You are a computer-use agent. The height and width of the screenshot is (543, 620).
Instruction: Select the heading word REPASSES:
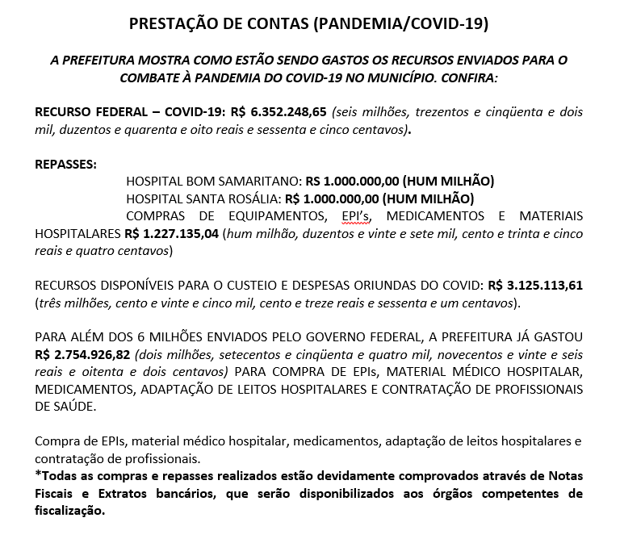pyautogui.click(x=65, y=165)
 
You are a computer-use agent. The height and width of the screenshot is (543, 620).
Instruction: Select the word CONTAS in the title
pyautogui.click(x=272, y=23)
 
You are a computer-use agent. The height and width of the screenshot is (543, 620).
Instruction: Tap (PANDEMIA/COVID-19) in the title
pyautogui.click(x=400, y=23)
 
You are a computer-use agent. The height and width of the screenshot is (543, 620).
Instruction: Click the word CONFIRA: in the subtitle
pyautogui.click(x=467, y=77)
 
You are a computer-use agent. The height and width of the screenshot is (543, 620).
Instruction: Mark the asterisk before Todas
pyautogui.click(x=37, y=474)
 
